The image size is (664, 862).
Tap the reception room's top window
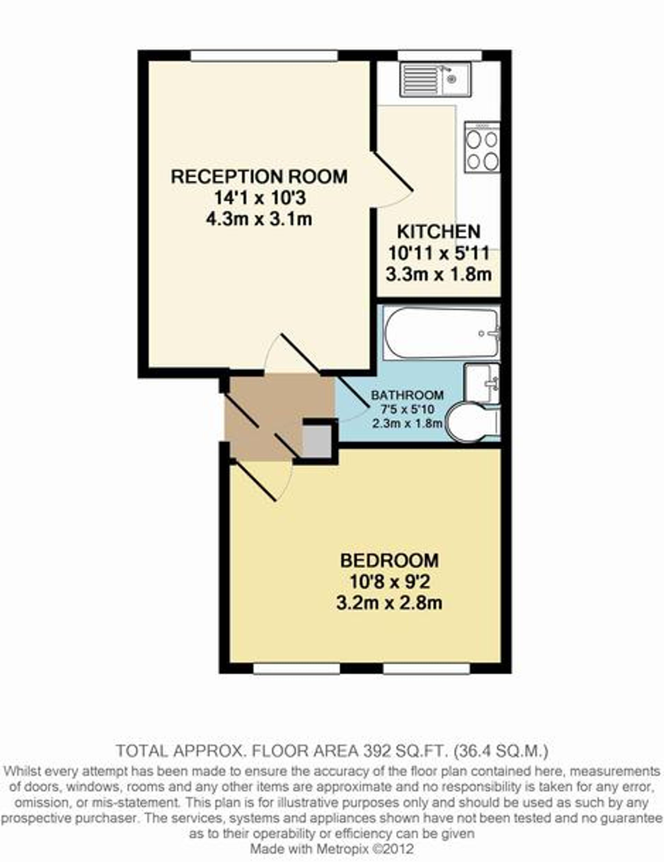coord(264,56)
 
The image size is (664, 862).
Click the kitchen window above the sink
coord(439,56)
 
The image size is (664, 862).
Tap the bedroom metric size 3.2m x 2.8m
coord(389,603)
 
